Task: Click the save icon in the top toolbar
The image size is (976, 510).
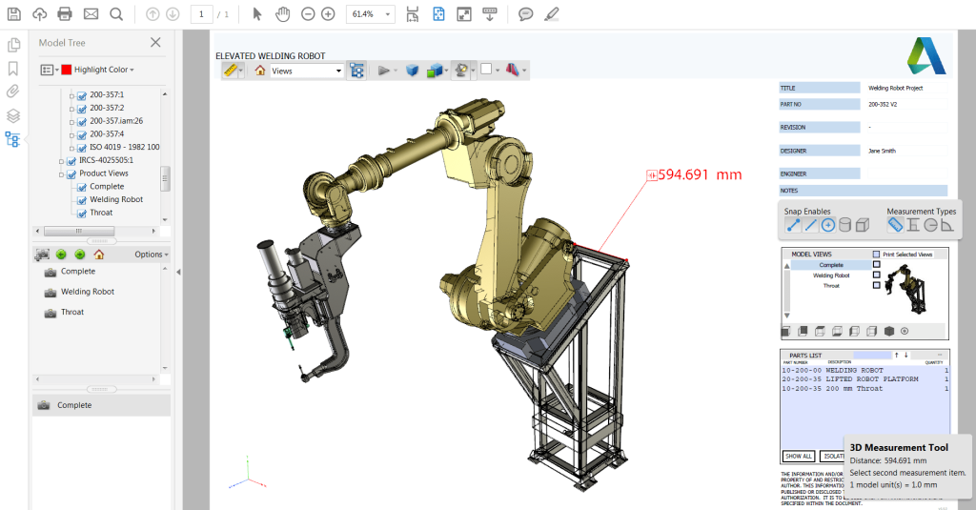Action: click(x=14, y=14)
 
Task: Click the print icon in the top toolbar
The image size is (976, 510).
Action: click(x=65, y=14)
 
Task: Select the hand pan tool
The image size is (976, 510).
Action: click(x=282, y=14)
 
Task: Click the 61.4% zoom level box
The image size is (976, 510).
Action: click(x=370, y=14)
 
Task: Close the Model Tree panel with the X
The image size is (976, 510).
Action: click(x=155, y=42)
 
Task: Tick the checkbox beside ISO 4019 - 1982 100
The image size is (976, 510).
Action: click(x=82, y=148)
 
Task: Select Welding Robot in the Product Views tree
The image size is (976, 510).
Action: click(x=116, y=199)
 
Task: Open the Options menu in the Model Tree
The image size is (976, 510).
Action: click(x=151, y=255)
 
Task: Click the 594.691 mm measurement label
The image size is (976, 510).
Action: click(x=700, y=175)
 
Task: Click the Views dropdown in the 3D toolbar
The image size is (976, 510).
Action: click(x=306, y=71)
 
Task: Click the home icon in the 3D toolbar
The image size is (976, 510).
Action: click(x=259, y=71)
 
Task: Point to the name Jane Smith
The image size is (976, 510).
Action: click(x=882, y=151)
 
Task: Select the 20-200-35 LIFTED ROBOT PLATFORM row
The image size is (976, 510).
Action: click(x=849, y=379)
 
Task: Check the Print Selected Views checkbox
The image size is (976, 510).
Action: click(x=877, y=255)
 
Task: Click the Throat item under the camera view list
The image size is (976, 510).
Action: click(x=72, y=312)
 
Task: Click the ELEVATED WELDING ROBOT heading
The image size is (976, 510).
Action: click(x=271, y=55)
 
